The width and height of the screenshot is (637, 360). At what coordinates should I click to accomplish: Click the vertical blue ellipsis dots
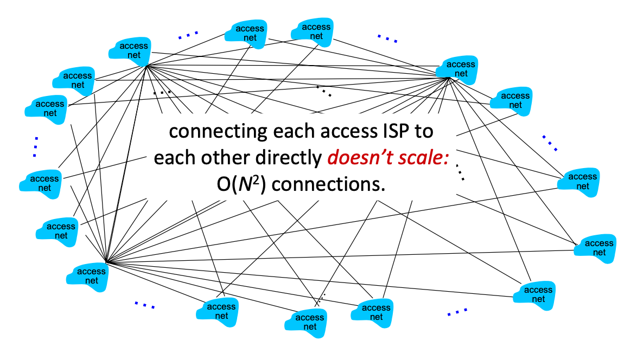click(x=36, y=146)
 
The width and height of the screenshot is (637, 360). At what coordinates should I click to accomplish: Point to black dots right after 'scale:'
click(x=461, y=172)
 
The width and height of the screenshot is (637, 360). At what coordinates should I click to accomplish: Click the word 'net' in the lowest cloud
click(x=310, y=327)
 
